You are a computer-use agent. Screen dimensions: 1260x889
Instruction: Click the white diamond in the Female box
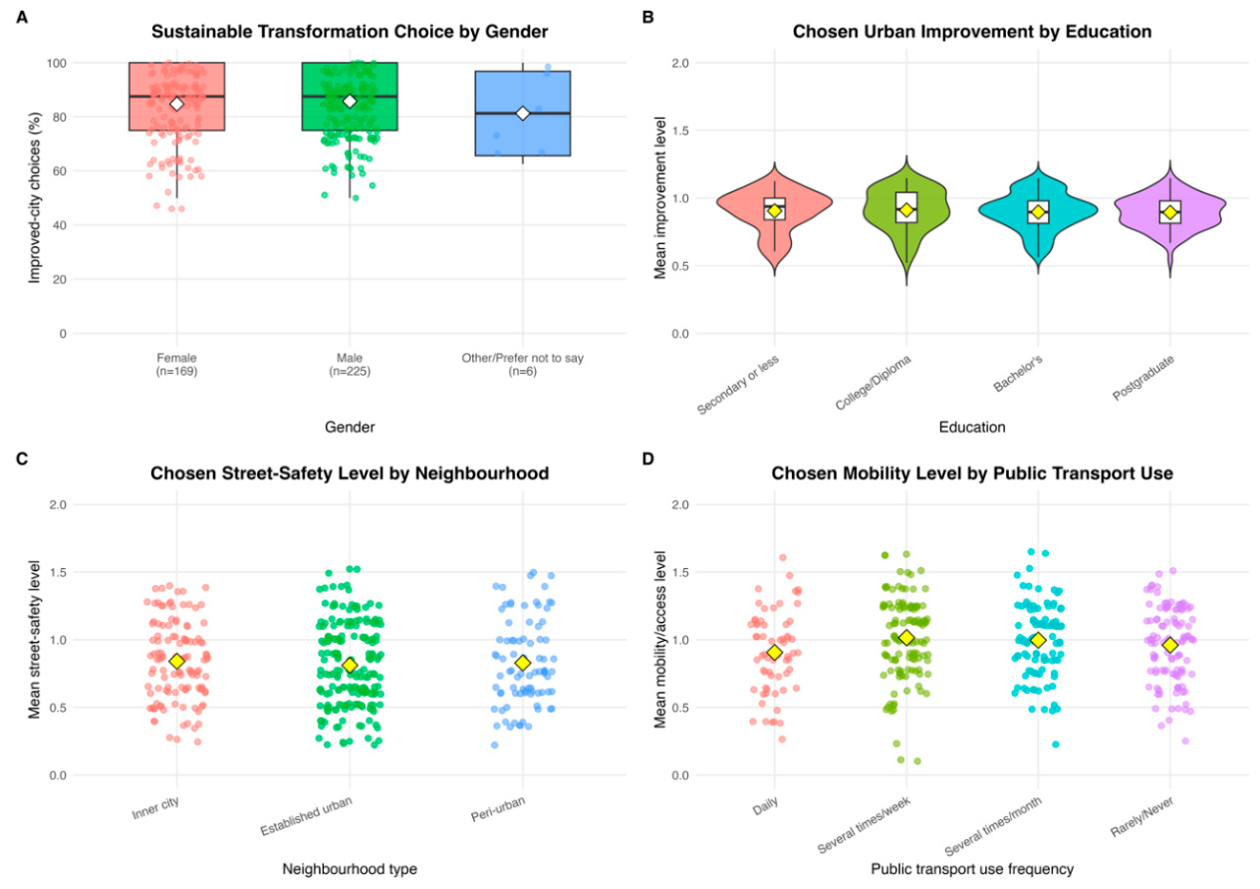176,104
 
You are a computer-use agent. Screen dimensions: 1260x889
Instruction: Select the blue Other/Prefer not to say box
523,113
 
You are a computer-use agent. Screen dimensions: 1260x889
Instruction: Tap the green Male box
350,97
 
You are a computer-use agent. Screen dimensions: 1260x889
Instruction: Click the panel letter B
648,18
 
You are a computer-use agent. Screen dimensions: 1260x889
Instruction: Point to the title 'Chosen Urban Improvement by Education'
972,32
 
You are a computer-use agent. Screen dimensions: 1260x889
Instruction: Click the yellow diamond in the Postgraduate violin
1170,212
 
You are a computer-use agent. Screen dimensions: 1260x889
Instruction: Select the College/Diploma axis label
874,383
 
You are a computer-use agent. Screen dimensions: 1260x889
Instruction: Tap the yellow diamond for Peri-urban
523,663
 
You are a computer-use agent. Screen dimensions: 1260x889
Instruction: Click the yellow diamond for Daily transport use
775,652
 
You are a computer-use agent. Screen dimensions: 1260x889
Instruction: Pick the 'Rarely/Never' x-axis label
1142,817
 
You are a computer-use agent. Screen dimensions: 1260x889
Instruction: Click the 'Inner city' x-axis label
155,808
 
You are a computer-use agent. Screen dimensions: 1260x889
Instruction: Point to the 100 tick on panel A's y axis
56,63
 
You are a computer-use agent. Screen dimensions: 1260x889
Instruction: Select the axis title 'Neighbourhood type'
350,869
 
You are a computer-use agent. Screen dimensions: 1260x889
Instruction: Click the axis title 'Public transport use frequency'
972,869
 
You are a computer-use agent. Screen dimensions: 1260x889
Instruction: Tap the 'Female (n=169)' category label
176,364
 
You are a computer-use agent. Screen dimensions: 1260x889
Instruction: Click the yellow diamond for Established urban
350,665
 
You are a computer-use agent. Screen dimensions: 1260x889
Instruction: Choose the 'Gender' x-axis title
350,427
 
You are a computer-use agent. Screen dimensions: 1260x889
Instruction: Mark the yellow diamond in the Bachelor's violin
1038,212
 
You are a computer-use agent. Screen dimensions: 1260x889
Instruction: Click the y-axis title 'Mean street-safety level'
34,639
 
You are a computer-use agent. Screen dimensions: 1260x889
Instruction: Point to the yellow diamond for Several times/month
1038,640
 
